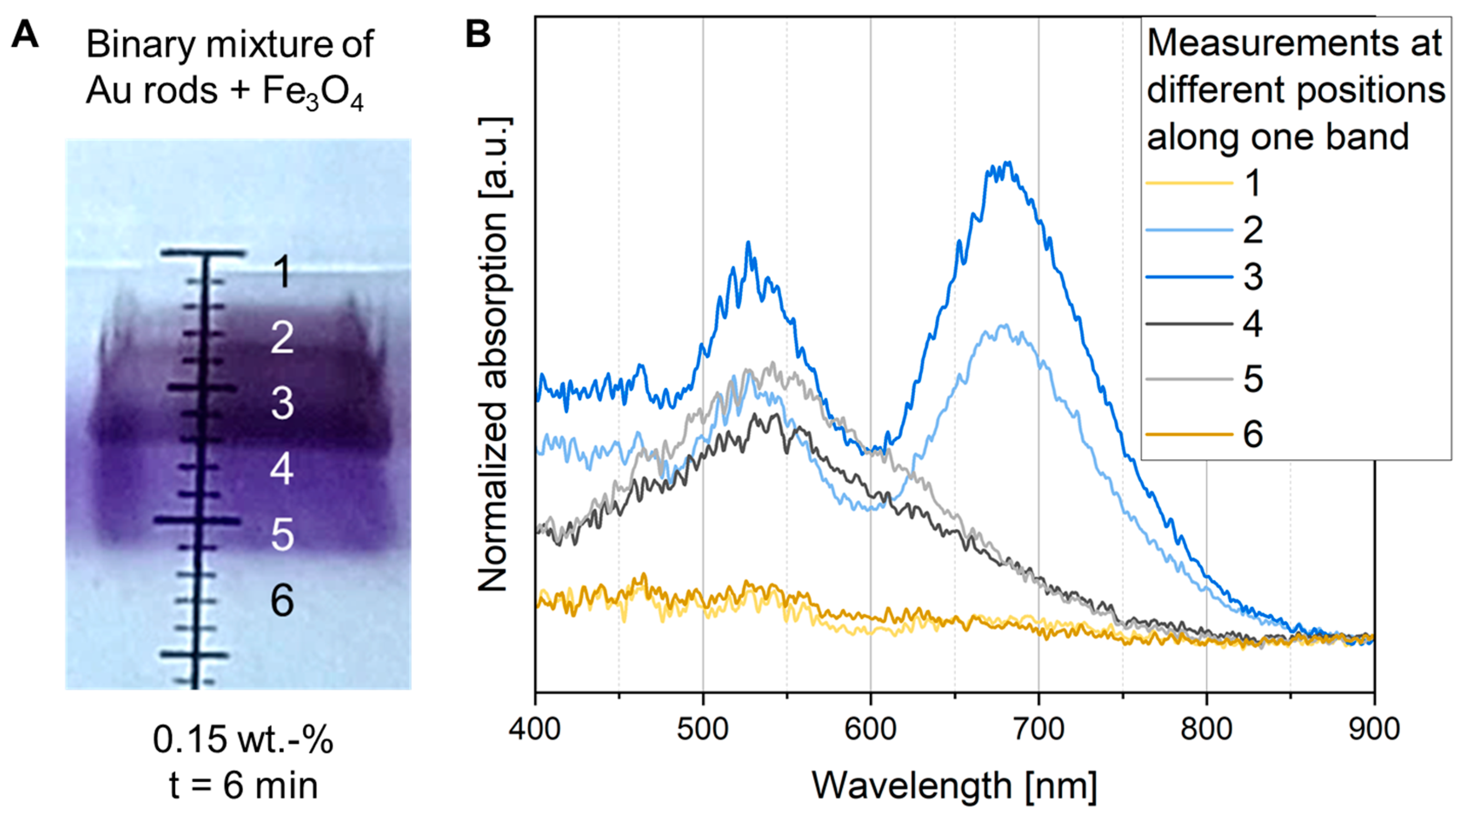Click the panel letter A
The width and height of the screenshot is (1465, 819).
25,35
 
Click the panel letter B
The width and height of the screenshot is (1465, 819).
478,35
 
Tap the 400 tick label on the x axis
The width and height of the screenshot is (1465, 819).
535,729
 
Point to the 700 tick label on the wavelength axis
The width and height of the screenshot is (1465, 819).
1039,729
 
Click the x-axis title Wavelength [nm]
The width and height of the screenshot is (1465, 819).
954,786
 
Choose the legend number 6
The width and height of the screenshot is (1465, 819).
1253,434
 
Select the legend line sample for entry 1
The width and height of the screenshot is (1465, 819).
1189,183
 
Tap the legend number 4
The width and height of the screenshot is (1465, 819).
1253,324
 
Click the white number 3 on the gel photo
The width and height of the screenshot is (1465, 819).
282,403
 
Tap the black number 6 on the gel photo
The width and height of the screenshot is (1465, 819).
282,600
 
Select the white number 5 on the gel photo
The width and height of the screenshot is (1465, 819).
282,534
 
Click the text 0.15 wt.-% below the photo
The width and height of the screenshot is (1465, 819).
243,740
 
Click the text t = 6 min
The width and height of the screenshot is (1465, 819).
243,786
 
